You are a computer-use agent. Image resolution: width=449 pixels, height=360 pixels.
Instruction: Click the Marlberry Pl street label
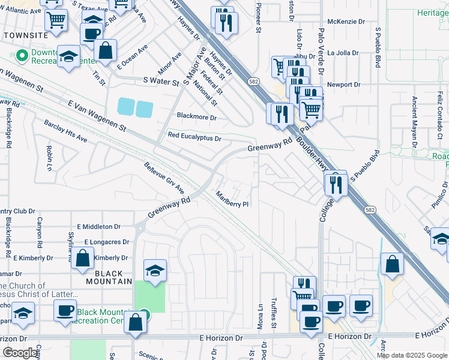click(x=232, y=200)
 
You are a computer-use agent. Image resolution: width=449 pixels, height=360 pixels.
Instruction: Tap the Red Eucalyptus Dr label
click(x=194, y=137)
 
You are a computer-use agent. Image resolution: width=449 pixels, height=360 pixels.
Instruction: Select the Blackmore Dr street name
click(x=196, y=116)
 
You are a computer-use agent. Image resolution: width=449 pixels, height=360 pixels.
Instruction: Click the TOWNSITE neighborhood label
click(x=25, y=35)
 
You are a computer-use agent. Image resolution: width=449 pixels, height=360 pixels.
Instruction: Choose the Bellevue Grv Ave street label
click(x=164, y=178)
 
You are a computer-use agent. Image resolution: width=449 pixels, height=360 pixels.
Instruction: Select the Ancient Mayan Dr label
click(x=414, y=121)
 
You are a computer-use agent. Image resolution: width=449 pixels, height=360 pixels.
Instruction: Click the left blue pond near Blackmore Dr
click(x=126, y=107)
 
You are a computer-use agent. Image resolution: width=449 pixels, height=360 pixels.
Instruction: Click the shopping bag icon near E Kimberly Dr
click(x=82, y=259)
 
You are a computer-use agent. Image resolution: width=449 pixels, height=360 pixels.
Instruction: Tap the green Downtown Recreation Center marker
click(x=23, y=56)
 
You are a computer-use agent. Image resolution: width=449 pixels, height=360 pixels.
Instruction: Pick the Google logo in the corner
click(x=20, y=353)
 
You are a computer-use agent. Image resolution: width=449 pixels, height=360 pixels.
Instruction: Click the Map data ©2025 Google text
click(x=411, y=355)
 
